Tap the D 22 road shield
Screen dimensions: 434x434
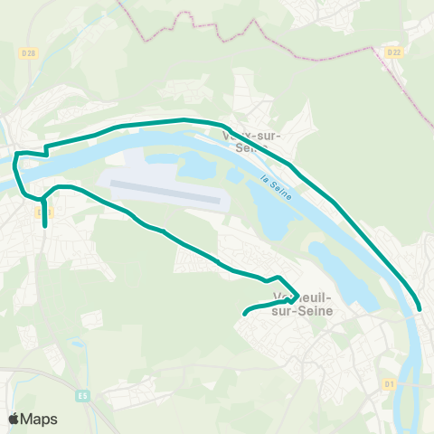coord(393,52)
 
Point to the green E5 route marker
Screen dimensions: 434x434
coord(83,395)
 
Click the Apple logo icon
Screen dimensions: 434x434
coord(15,419)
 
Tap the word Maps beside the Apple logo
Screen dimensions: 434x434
coord(41,420)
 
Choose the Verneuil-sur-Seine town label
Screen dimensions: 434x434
coord(301,304)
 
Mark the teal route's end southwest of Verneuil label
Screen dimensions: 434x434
coord(245,314)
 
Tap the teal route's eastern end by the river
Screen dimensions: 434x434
coord(419,310)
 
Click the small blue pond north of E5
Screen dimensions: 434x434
coord(79,344)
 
